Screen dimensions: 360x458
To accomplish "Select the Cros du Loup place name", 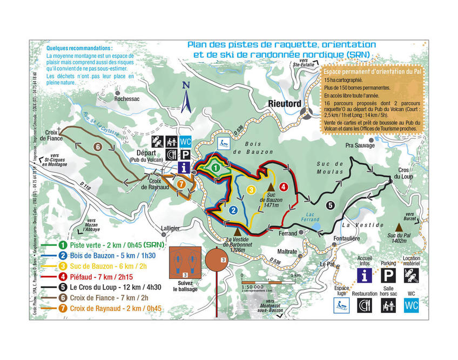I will click(x=403, y=173).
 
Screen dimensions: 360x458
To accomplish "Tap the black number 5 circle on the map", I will click(x=330, y=204).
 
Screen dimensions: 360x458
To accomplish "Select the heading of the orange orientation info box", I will click(x=372, y=71).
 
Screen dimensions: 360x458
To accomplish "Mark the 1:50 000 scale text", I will click(x=253, y=286).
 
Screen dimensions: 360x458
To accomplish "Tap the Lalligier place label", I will click(x=170, y=228).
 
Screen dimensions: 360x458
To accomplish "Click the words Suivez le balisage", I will click(x=185, y=286).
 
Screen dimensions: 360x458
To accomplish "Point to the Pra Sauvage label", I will click(x=359, y=145).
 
